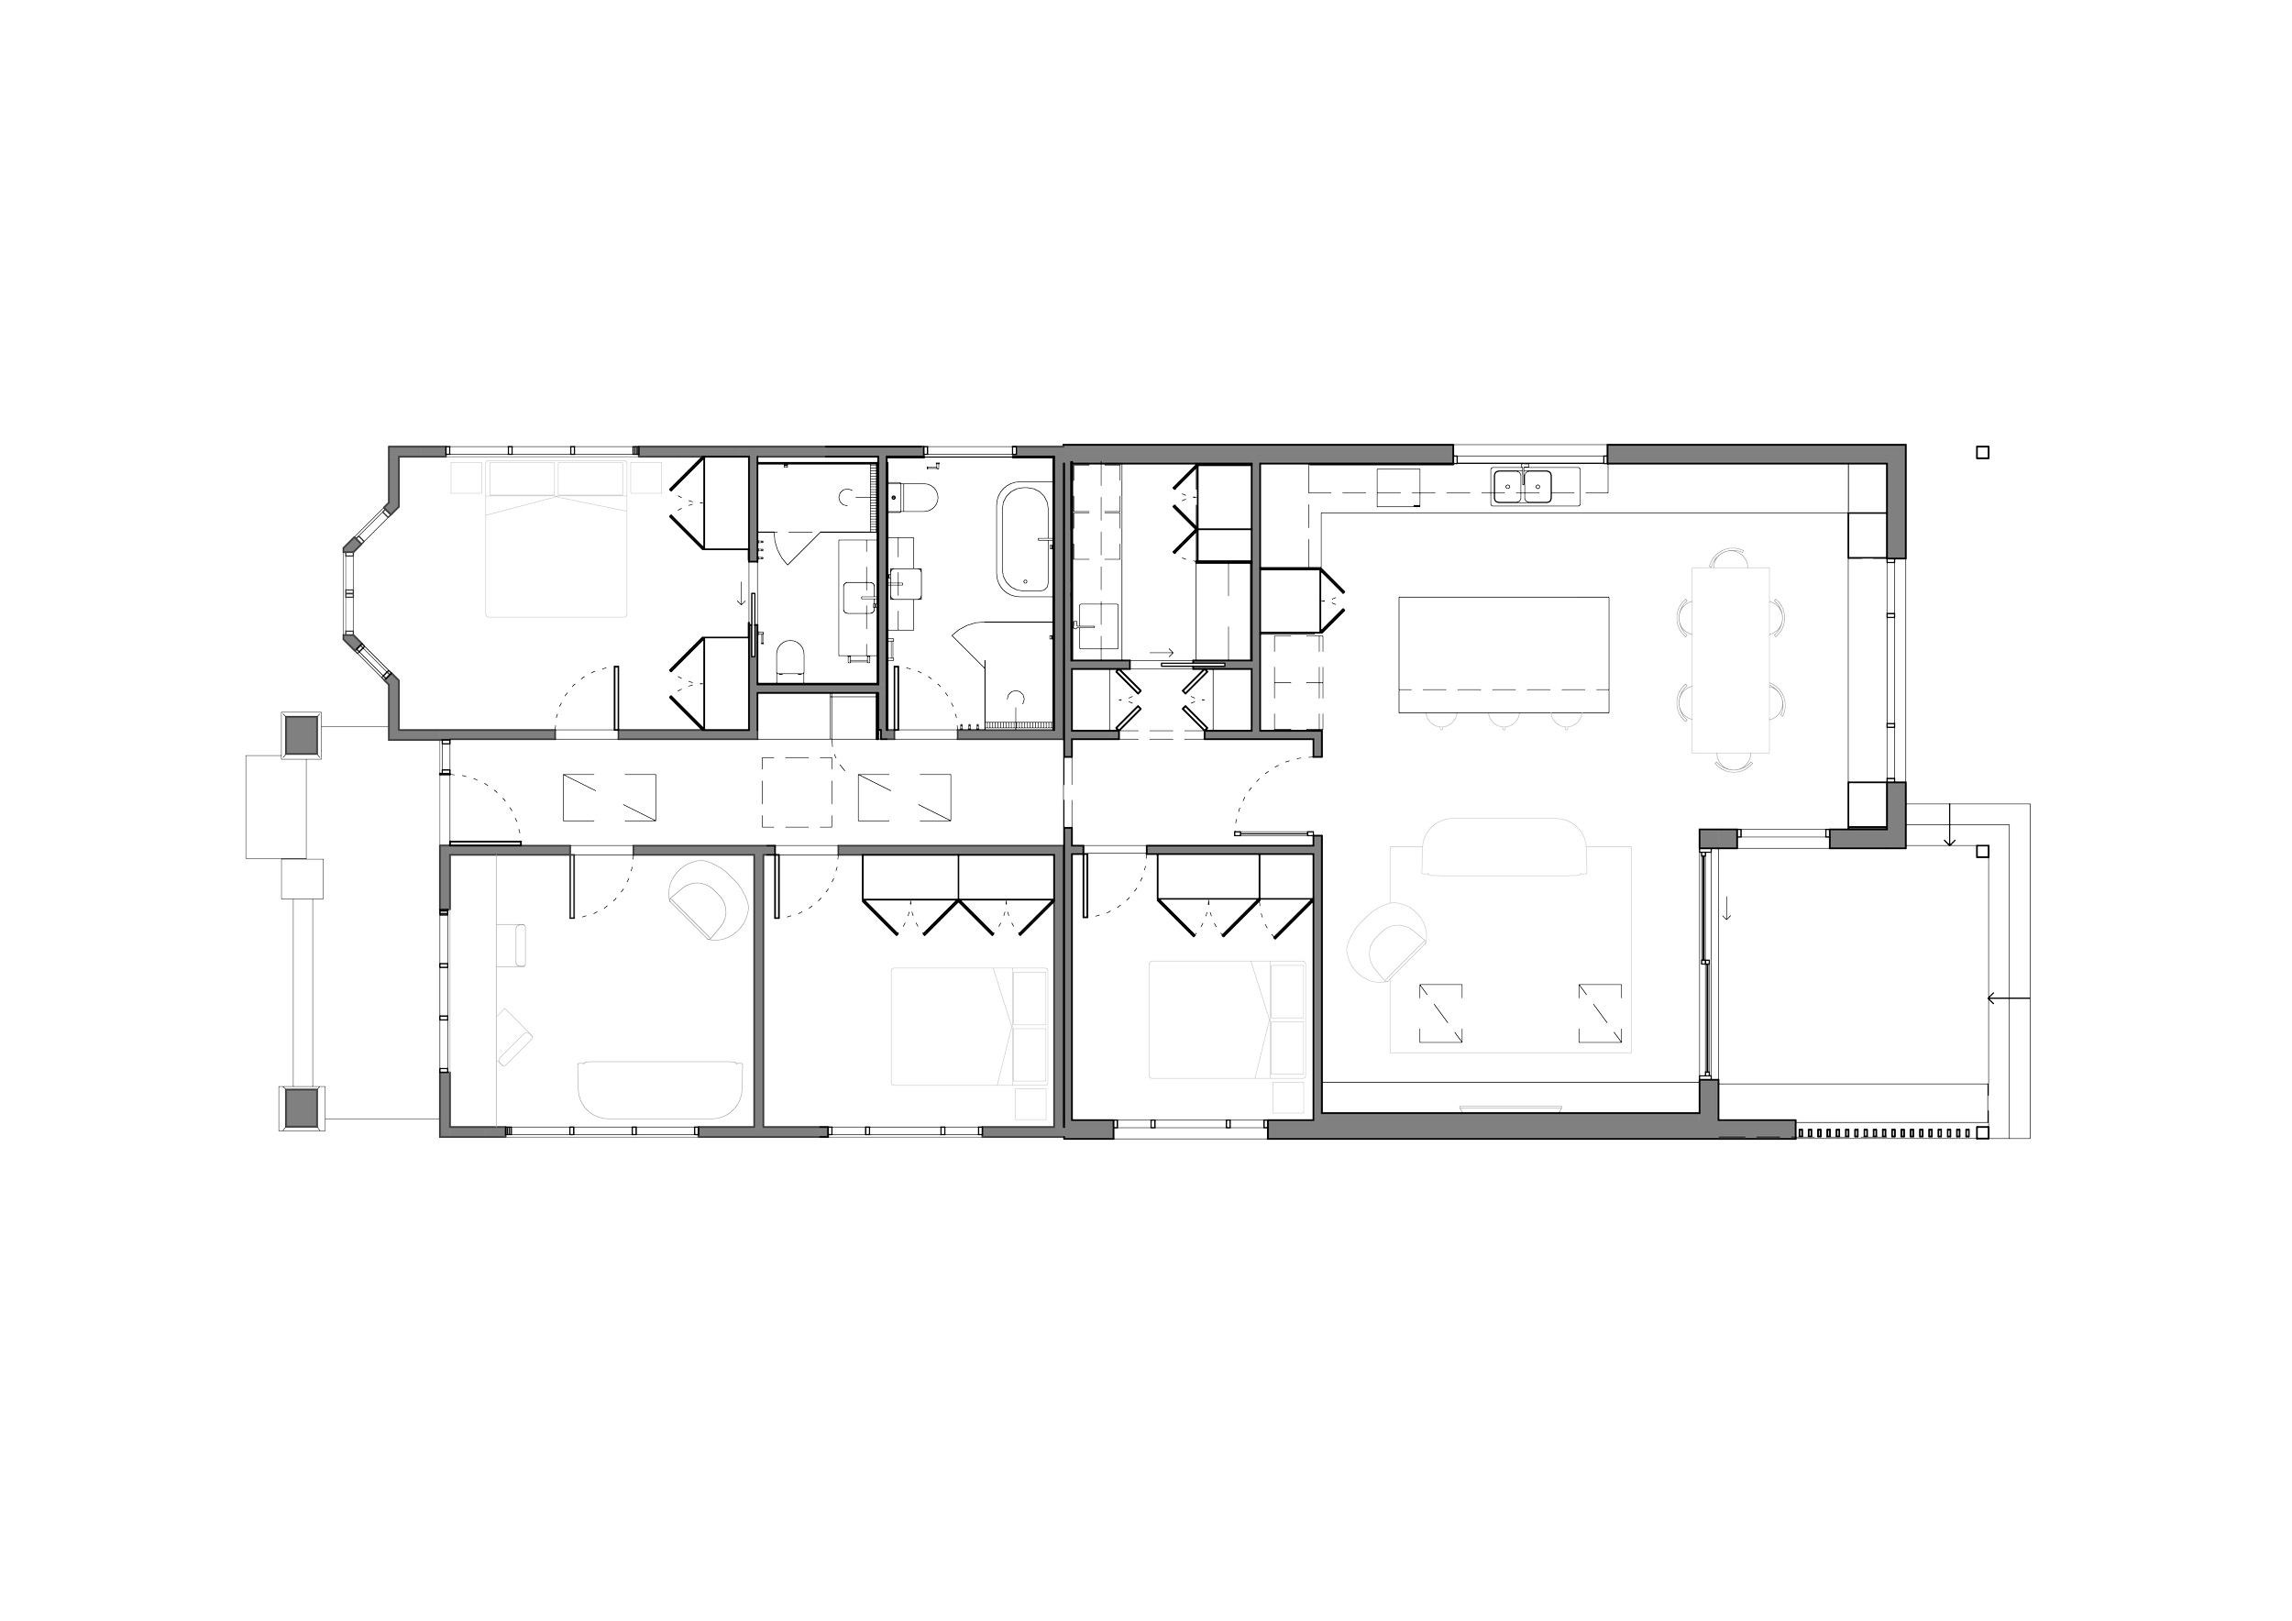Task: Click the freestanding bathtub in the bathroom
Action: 1021,539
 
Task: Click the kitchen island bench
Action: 1504,653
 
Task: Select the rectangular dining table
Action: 1730,659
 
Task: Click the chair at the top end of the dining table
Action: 1729,555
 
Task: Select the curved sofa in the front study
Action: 661,1093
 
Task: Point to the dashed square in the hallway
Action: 797,790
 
